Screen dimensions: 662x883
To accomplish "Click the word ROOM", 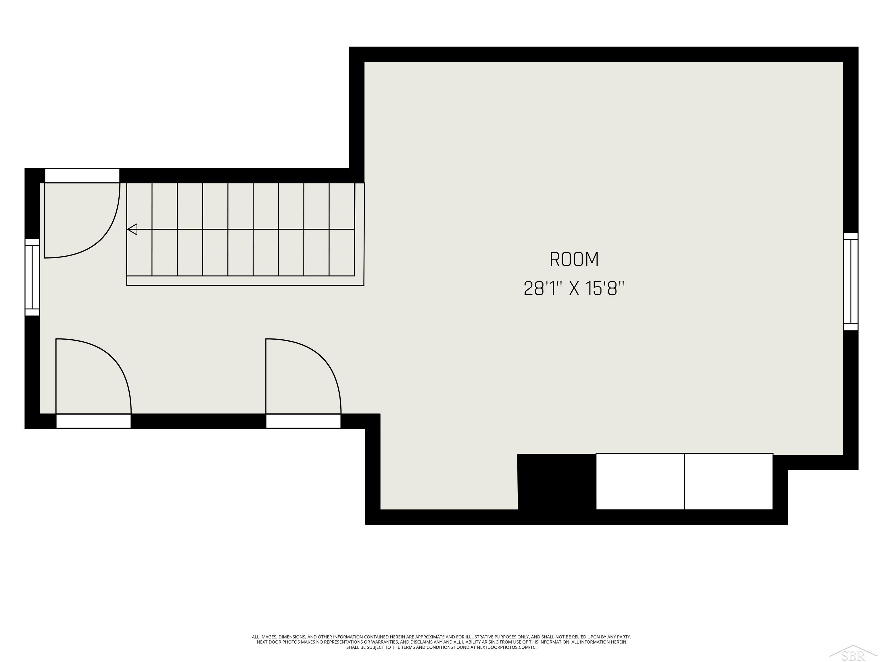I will click(x=574, y=259).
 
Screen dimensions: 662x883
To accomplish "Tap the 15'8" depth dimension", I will click(x=605, y=289).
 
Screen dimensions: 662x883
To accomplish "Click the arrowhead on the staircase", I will click(x=133, y=230).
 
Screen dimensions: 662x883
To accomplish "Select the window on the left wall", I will click(x=32, y=277).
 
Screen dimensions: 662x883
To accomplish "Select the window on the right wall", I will click(x=851, y=282).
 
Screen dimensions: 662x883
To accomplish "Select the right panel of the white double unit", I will click(x=729, y=481).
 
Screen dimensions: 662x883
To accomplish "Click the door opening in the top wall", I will click(x=82, y=176).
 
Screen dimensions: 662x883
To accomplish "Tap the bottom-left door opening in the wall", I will click(x=93, y=421).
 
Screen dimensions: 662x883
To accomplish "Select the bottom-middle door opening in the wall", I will click(x=303, y=421).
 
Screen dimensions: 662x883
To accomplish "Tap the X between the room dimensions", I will click(x=574, y=289).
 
